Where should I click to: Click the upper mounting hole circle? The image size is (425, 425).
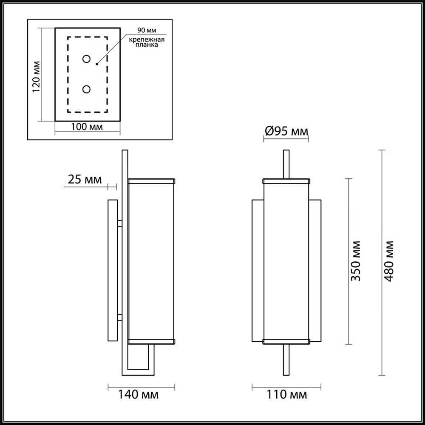click(87, 59)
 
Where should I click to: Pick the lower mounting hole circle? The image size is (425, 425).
click(87, 89)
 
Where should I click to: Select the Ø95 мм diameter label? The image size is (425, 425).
click(286, 132)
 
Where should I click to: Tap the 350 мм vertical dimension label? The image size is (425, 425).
click(356, 261)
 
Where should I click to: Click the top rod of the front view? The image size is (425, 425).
click(286, 164)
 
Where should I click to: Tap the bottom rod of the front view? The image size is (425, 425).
click(286, 359)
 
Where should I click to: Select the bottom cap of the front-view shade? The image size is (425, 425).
click(286, 341)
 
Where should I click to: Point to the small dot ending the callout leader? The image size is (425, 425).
click(97, 64)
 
